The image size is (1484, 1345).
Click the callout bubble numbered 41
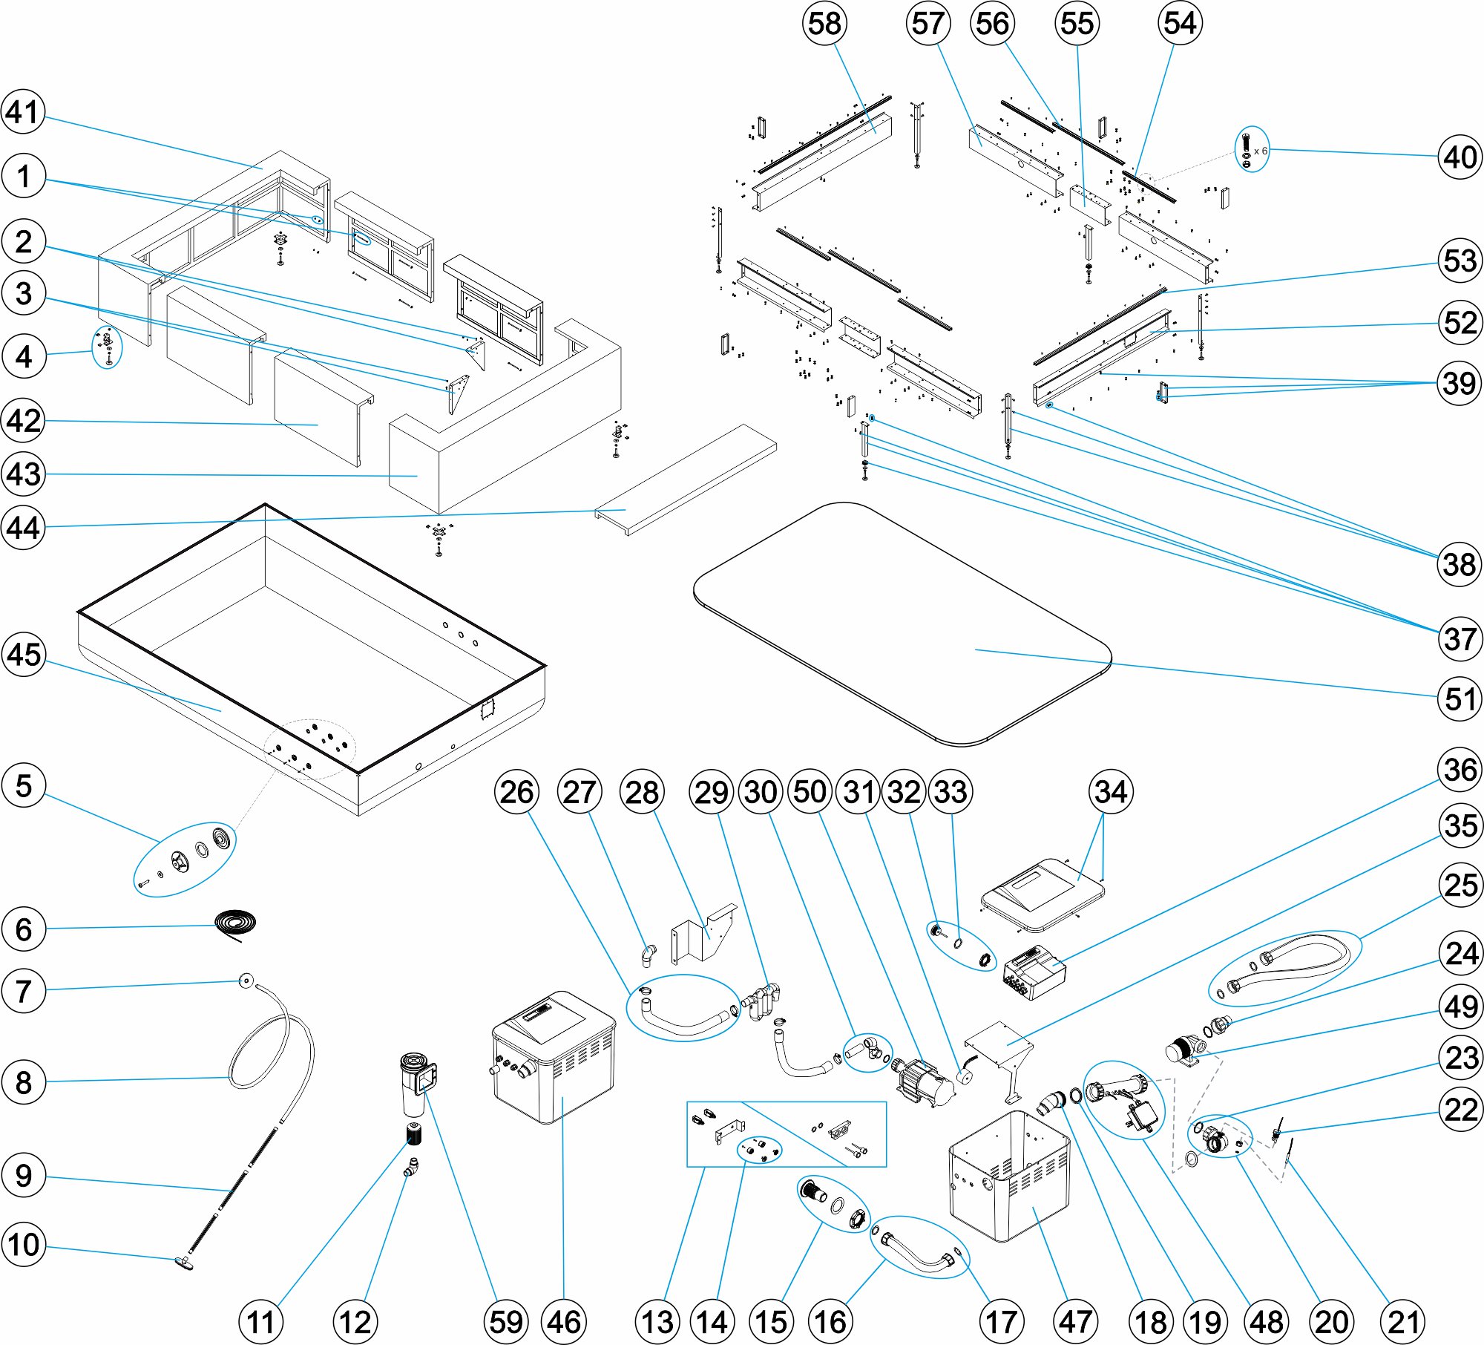tap(23, 112)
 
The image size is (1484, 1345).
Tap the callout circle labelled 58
tap(824, 23)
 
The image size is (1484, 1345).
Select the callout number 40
tap(1460, 157)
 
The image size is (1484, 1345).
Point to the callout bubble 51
tap(1460, 698)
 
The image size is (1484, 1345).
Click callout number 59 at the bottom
tap(506, 1322)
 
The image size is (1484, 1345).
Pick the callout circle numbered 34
tap(1111, 792)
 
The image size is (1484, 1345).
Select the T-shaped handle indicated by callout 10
tap(184, 1263)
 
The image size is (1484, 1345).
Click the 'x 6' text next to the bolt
tap(1260, 151)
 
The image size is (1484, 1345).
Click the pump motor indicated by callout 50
tap(924, 1082)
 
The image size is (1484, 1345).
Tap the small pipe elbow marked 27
tap(649, 955)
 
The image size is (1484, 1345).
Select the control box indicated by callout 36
tap(1034, 973)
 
